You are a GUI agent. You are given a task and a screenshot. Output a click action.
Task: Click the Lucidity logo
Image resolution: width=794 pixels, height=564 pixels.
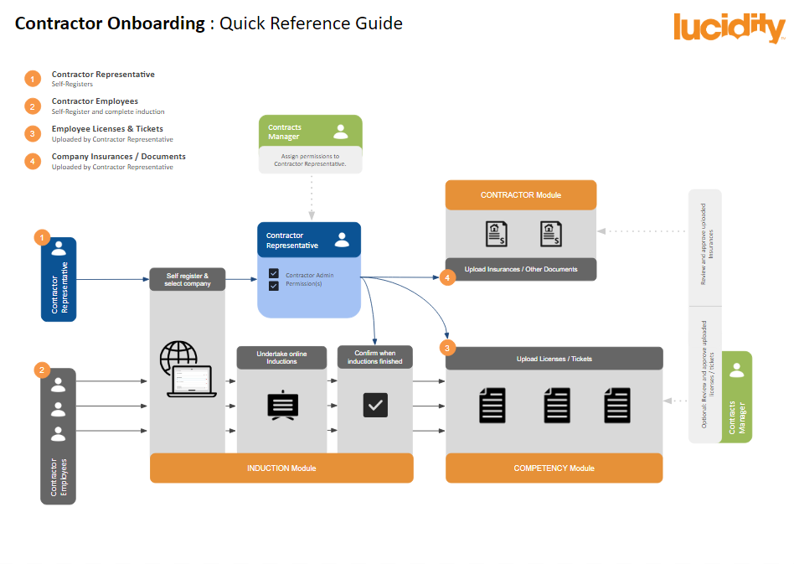click(728, 28)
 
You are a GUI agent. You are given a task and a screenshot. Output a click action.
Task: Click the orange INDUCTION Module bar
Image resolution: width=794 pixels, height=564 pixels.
click(281, 468)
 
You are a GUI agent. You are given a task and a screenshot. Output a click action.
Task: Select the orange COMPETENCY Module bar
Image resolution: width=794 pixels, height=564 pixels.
click(554, 468)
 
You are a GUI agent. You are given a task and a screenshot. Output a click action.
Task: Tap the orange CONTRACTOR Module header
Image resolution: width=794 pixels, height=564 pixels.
click(520, 194)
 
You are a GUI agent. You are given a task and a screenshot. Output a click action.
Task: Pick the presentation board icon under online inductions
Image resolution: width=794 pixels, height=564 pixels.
click(281, 406)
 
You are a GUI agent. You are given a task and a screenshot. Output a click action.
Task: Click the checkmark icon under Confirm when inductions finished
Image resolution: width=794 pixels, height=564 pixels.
click(375, 406)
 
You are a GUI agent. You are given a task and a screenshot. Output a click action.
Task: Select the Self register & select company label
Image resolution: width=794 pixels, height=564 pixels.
click(187, 279)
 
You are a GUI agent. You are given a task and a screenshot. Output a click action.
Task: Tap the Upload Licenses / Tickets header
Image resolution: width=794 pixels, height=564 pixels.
click(554, 359)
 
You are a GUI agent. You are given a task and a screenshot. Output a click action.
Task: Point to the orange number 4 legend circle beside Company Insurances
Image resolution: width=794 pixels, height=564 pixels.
click(33, 161)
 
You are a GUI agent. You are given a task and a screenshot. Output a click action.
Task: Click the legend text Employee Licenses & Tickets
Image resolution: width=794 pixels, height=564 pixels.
click(107, 129)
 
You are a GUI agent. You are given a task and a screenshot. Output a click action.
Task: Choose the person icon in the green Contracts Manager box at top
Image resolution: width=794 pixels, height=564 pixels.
click(341, 132)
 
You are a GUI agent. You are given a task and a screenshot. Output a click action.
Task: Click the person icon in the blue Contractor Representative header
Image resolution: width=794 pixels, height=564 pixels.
click(342, 240)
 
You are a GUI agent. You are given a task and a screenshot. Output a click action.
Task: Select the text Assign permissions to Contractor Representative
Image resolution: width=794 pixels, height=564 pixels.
click(310, 159)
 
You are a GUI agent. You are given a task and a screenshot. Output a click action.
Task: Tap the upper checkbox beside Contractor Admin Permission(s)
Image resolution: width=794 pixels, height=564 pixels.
click(273, 273)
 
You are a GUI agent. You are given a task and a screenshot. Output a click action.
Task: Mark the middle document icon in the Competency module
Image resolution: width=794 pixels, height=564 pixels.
click(557, 406)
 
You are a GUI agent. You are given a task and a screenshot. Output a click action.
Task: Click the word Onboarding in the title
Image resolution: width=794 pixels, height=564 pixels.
click(156, 23)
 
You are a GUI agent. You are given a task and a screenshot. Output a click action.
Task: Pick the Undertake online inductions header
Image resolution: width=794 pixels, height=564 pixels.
click(281, 358)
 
